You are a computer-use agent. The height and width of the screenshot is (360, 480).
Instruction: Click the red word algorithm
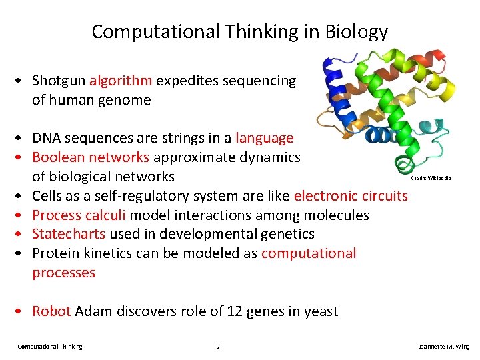tap(121, 81)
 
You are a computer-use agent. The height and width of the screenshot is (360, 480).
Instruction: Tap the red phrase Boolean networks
tap(91, 157)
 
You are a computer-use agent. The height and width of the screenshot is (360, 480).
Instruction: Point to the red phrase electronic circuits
tap(351, 196)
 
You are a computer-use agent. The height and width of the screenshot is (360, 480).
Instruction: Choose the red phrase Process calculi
tap(79, 215)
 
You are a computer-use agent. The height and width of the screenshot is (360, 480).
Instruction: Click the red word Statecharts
tap(69, 234)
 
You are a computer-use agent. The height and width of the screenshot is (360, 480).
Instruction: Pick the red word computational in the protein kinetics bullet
tap(309, 253)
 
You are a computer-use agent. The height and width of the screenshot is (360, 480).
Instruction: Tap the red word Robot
tap(51, 311)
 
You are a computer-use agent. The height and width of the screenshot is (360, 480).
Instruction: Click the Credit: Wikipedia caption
tap(431, 178)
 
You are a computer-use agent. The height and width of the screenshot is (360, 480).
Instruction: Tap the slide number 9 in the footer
tap(219, 347)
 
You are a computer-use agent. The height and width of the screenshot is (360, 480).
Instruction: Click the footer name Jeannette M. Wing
tap(443, 347)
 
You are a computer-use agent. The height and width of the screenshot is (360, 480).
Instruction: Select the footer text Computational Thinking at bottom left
tap(50, 347)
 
